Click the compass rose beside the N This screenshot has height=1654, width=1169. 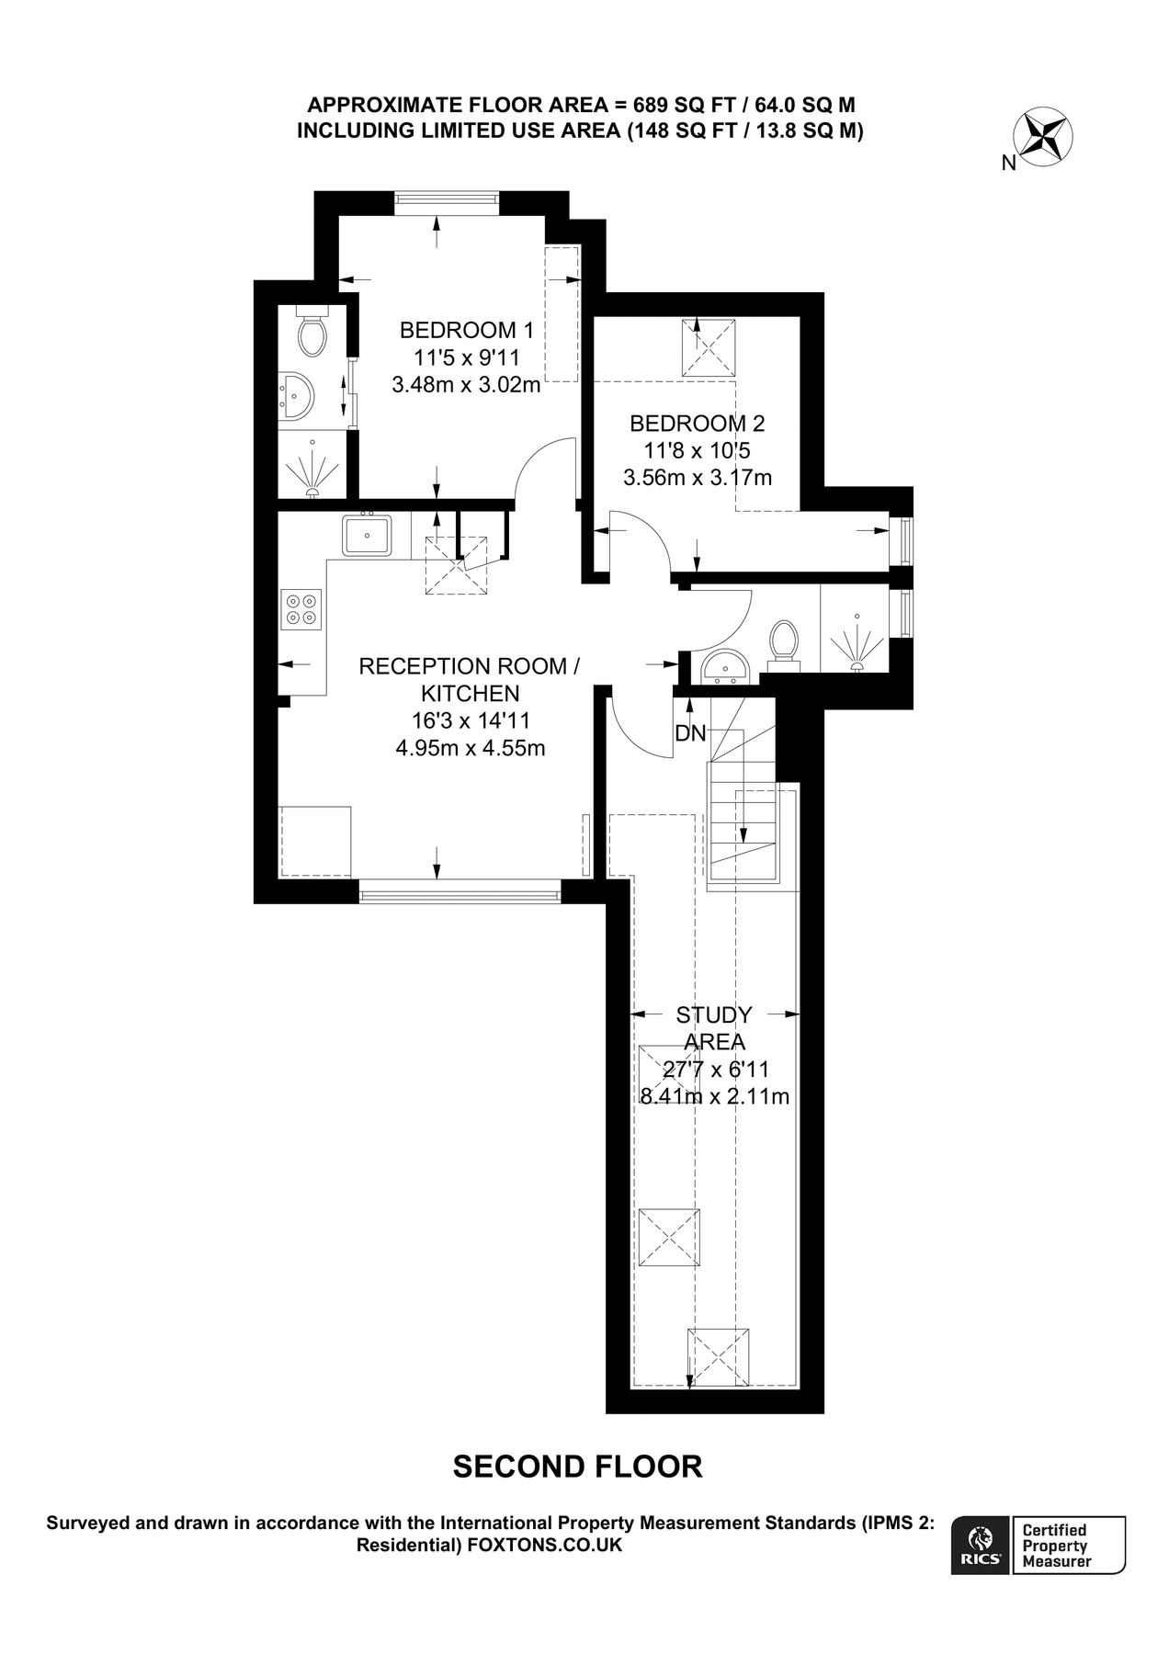[x=1043, y=138]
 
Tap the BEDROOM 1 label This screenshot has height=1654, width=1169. [x=466, y=330]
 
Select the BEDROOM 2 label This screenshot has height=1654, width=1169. [x=697, y=424]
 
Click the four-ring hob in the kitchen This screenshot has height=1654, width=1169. [x=302, y=608]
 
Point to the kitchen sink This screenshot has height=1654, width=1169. [x=367, y=535]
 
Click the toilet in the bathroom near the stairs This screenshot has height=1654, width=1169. [x=784, y=640]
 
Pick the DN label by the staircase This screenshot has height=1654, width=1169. [x=690, y=733]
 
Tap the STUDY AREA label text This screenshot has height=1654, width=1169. [x=714, y=1028]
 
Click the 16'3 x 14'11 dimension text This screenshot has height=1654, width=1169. [x=471, y=720]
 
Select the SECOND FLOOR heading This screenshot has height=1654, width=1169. [x=577, y=1467]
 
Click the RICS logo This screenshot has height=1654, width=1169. [x=981, y=1546]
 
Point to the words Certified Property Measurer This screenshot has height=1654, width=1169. [x=1057, y=1546]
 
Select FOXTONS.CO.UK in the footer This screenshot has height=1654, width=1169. [x=545, y=1546]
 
